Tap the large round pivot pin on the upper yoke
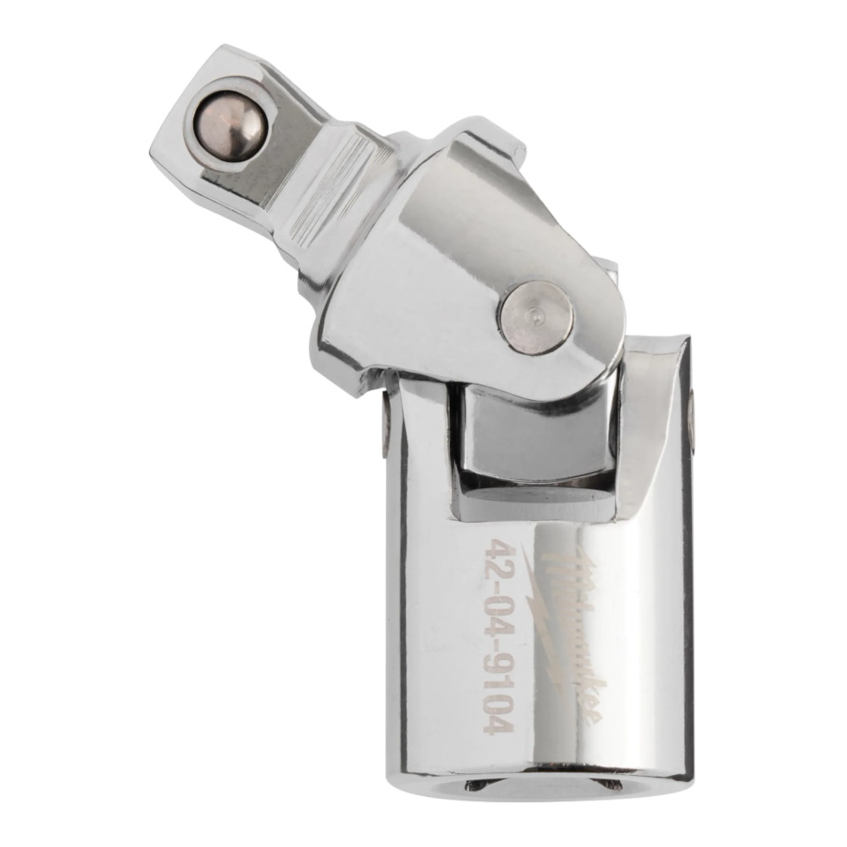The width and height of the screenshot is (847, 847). [x=536, y=318]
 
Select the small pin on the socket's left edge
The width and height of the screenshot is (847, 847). [x=387, y=421]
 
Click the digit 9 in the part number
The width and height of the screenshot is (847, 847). [x=497, y=658]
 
